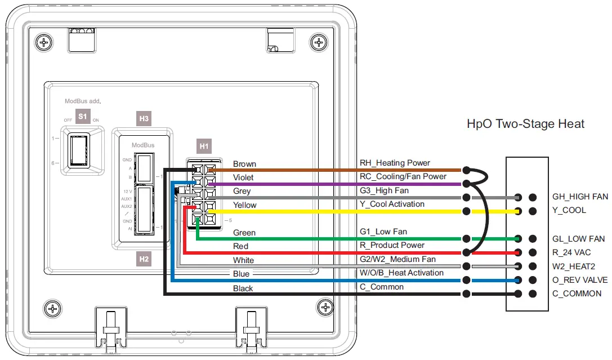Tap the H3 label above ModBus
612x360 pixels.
coord(144,119)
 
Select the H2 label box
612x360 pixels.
coord(144,259)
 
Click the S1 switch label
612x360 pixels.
coord(83,117)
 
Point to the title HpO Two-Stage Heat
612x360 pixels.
coord(526,123)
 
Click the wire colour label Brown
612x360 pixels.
coord(244,164)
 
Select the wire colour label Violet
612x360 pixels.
coord(243,177)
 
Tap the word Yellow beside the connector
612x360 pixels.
coord(244,205)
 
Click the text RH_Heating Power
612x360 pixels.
coord(395,163)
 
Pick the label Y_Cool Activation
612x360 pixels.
coord(392,204)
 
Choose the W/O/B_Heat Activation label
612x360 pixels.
coord(401,273)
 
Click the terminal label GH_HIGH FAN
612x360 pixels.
coord(580,197)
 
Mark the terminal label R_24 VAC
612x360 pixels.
coord(572,252)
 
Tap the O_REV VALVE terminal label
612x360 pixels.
coord(579,280)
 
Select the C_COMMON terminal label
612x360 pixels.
coord(577,294)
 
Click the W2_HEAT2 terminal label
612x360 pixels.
coord(573,266)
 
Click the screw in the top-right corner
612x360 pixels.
coord(320,42)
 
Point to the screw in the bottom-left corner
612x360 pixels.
coord(52,308)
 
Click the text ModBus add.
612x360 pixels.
coord(82,101)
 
